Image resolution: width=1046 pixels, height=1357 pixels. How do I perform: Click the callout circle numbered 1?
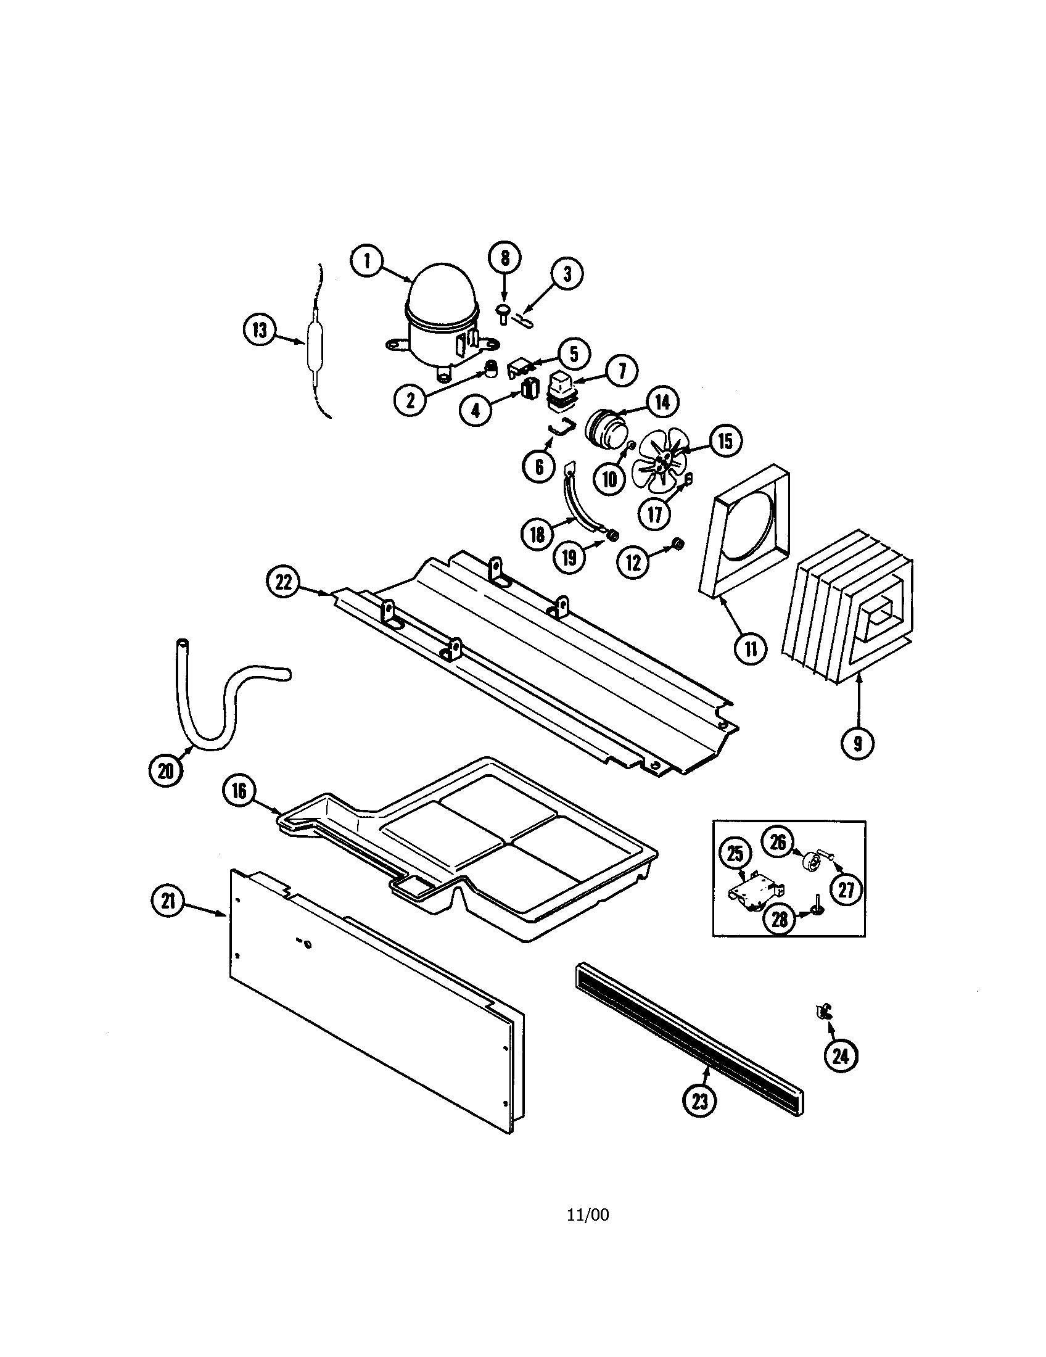point(368,262)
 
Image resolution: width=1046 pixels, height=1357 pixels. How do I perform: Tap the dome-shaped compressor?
point(442,323)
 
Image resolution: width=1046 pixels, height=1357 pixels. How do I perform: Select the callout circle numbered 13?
point(260,331)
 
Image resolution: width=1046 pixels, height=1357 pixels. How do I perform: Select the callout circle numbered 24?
point(841,1055)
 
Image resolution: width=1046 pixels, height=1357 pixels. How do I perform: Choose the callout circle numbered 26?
point(778,843)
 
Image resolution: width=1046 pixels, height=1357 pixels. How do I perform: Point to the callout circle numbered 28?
point(780,920)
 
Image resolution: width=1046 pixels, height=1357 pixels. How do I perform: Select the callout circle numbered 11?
point(751,649)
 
